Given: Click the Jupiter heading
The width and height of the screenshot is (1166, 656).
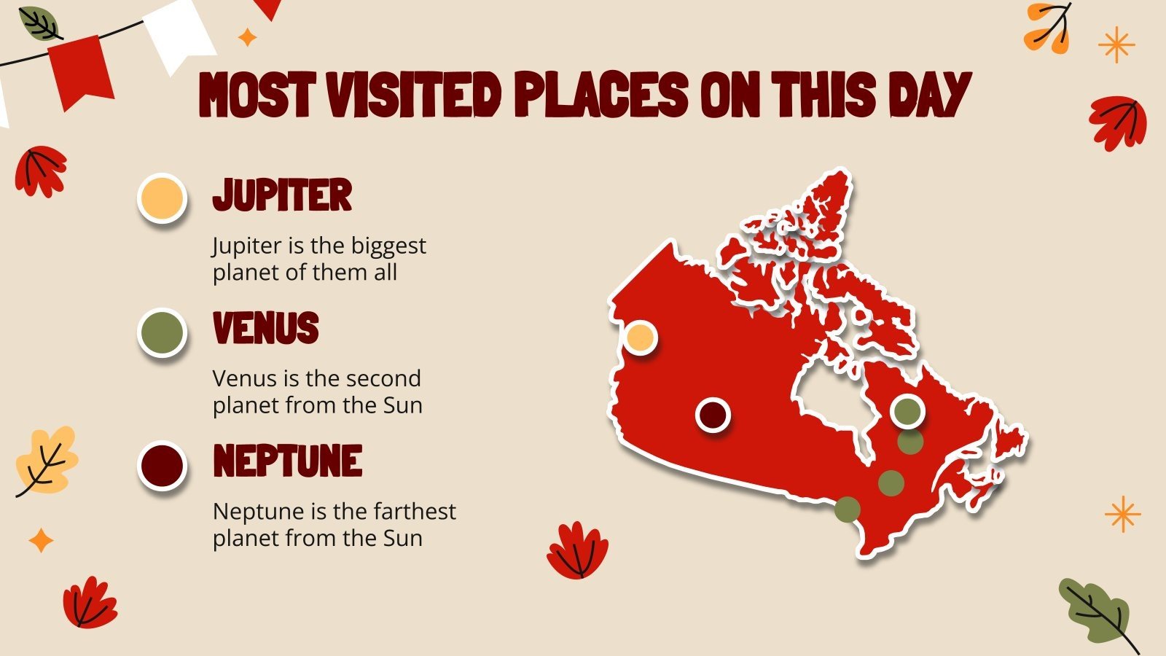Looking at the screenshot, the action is click(282, 195).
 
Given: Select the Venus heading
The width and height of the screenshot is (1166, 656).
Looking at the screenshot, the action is click(266, 328).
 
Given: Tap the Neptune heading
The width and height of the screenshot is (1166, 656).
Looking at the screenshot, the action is click(288, 461).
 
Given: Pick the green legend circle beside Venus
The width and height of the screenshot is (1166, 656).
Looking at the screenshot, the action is click(162, 332).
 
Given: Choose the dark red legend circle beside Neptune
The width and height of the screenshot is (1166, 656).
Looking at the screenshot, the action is click(162, 465).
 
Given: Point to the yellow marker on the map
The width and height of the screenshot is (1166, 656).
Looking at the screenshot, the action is click(641, 338).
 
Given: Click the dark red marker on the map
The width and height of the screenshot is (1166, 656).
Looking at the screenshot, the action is click(713, 415).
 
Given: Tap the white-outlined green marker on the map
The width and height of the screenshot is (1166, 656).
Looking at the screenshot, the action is click(907, 411).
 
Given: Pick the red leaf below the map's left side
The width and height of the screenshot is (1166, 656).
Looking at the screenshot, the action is click(577, 550).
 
